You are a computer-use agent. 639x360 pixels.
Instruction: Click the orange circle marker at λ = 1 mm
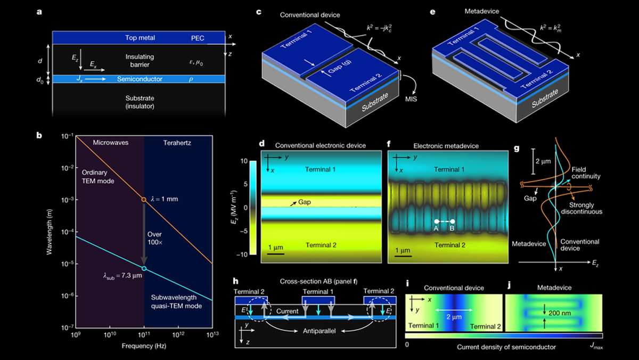[143, 200]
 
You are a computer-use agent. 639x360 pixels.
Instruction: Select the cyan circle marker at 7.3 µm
[144, 268]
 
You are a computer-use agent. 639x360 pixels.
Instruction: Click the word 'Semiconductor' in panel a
[140, 79]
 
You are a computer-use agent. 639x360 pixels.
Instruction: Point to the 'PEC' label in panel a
[198, 38]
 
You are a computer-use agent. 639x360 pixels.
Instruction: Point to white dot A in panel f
[436, 220]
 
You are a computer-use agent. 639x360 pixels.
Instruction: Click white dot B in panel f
[453, 220]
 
